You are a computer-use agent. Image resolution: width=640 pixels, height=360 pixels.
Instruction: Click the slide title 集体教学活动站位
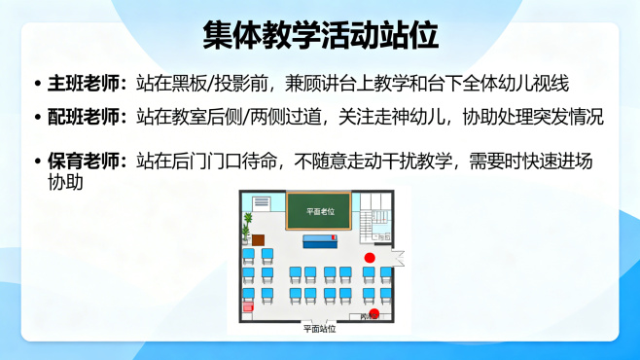click(320, 36)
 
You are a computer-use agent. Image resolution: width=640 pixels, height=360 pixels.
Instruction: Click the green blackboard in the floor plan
click(318, 210)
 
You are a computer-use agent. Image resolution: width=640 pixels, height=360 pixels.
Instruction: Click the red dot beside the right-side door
click(370, 257)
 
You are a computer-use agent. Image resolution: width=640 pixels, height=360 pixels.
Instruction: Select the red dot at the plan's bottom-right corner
click(373, 312)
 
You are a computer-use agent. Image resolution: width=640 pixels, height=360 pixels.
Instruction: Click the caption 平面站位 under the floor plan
click(319, 329)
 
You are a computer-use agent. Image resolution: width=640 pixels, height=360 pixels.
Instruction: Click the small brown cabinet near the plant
click(258, 239)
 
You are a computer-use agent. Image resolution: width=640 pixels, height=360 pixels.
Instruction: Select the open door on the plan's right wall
click(398, 259)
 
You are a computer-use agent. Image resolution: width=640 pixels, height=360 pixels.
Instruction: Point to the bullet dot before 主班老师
click(37, 85)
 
